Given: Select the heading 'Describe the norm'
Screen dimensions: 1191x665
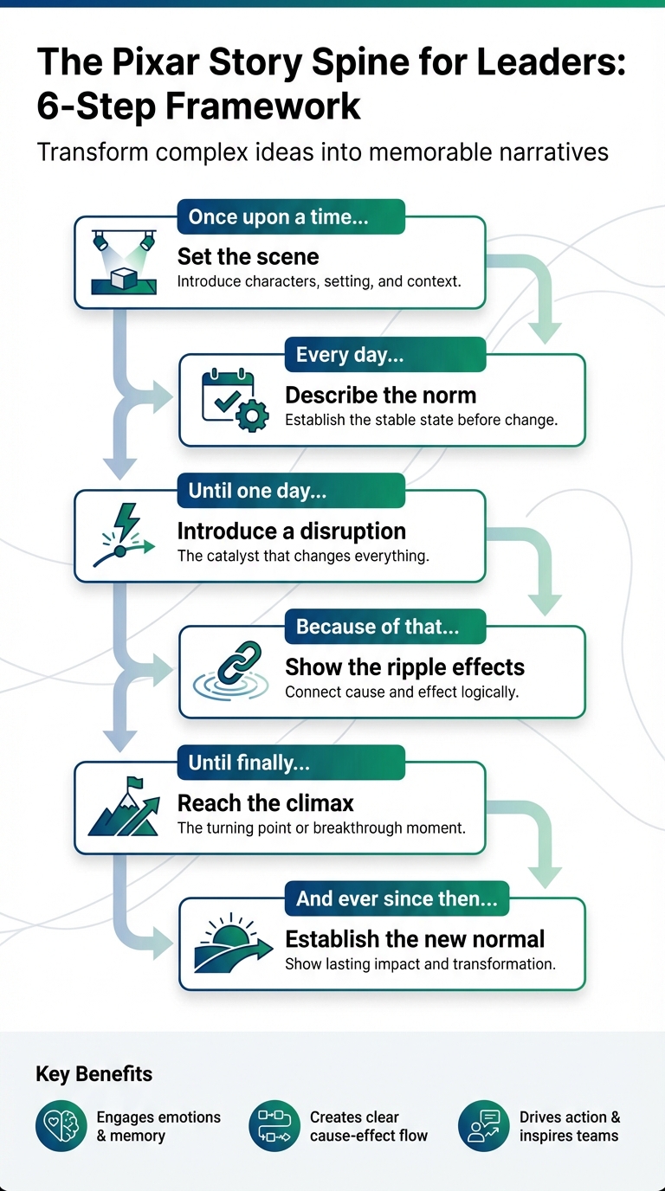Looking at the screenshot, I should [x=380, y=396].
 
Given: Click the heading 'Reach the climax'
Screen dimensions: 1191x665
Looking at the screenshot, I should [x=266, y=803].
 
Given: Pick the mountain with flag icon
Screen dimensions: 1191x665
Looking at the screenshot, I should [x=124, y=808].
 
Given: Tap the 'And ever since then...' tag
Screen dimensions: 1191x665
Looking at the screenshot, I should [x=397, y=898].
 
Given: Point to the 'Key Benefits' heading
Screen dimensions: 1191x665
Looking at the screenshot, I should [x=94, y=1074].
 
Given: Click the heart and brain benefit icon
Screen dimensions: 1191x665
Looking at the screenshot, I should [x=61, y=1126].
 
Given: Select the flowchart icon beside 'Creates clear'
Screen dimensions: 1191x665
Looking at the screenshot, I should [x=274, y=1126].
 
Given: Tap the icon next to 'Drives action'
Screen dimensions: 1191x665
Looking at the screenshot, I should [x=483, y=1126].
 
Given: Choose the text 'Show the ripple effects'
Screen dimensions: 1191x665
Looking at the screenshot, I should [x=404, y=667].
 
